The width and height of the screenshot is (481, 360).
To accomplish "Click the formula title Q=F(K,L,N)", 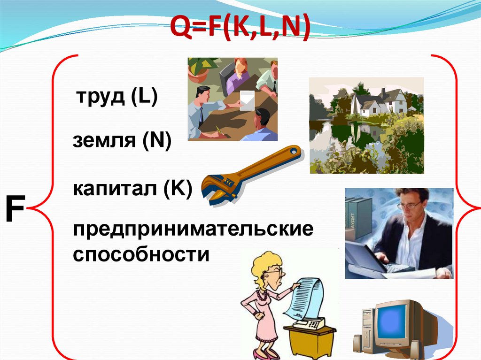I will tap(240, 28).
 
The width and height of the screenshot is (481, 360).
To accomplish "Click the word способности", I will tap(140, 255).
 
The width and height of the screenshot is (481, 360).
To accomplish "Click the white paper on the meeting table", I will tap(248, 100).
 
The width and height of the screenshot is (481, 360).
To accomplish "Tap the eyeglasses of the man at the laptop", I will tap(410, 205).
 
